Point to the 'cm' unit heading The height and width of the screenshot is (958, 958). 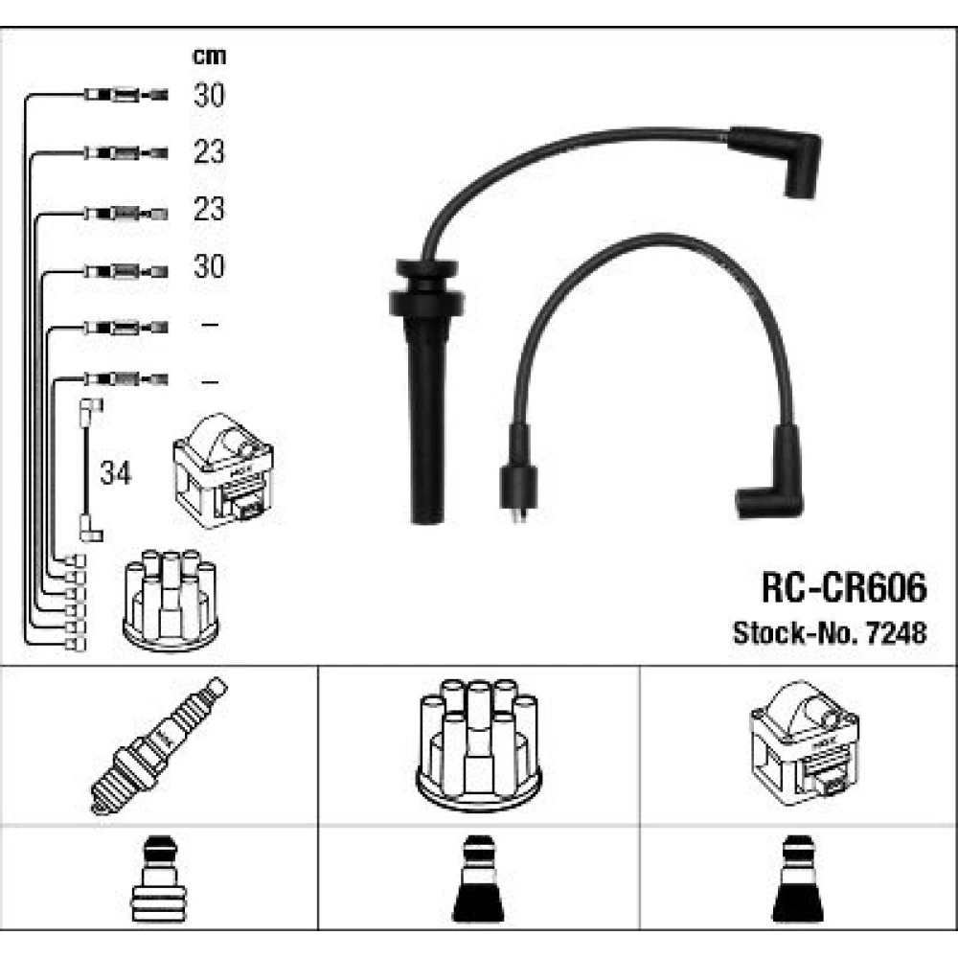coord(209,57)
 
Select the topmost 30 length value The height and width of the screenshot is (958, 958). coord(209,95)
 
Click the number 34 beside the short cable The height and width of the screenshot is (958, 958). coord(116,473)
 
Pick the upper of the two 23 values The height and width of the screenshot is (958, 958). coord(209,151)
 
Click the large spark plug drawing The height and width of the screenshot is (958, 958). coord(158,745)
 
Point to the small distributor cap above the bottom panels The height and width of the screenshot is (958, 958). coord(172,598)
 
